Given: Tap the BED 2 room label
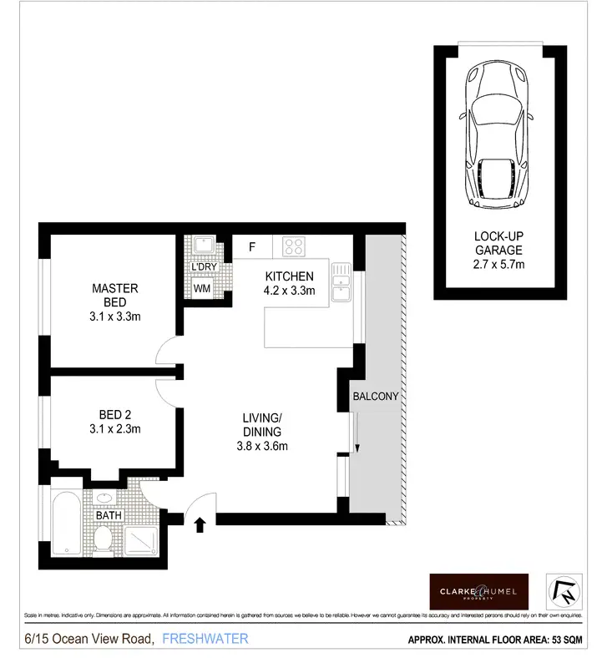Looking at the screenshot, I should [x=114, y=422].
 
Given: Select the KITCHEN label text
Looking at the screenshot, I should [x=289, y=277].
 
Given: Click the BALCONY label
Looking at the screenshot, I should [x=375, y=397].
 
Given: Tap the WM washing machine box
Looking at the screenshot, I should [x=202, y=288].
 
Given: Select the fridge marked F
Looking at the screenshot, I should [x=251, y=246].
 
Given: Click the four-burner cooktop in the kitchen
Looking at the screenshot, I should [x=293, y=246].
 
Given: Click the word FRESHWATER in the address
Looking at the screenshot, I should [x=205, y=640].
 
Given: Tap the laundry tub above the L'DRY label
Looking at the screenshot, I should [x=202, y=245].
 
